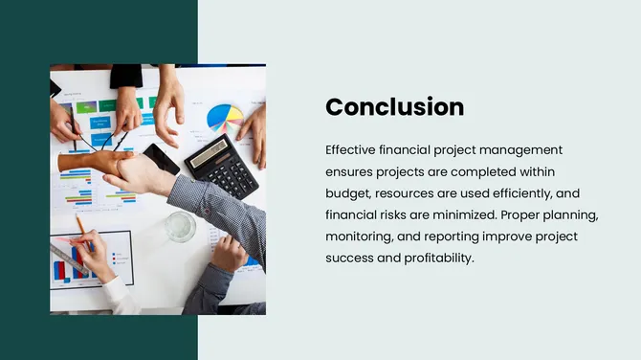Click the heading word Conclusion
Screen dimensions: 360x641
pyautogui.click(x=394, y=107)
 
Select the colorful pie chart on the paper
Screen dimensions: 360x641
pyautogui.click(x=225, y=119)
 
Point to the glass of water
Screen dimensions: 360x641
pyautogui.click(x=179, y=227)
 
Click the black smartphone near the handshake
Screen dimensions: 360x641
pyautogui.click(x=160, y=157)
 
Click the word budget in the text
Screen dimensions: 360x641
pyautogui.click(x=347, y=193)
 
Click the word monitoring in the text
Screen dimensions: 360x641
pyautogui.click(x=361, y=236)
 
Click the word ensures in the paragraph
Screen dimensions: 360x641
pyautogui.click(x=351, y=171)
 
